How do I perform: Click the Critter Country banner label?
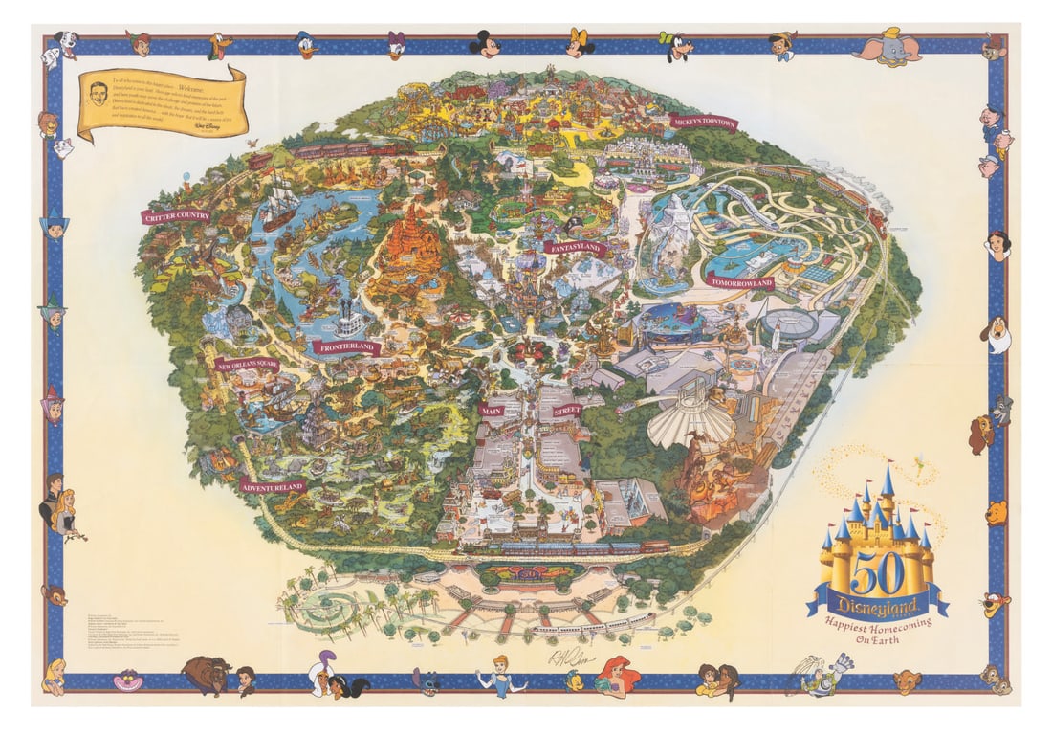[x=176, y=216]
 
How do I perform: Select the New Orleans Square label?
[x=247, y=365]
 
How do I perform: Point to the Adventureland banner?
[x=274, y=486]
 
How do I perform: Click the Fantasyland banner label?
[x=575, y=247]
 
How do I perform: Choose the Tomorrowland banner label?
[x=741, y=281]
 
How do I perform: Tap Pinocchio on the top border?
[x=782, y=45]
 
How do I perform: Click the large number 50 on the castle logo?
[x=875, y=572]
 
